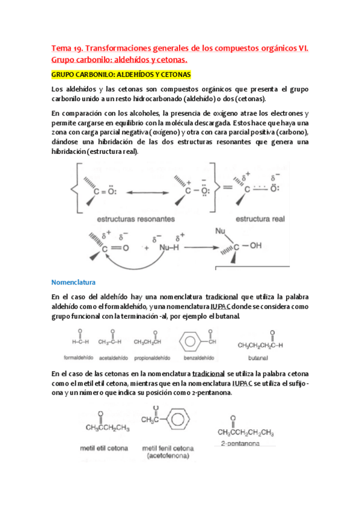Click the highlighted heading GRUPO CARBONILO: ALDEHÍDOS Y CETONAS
121,75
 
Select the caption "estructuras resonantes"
136,219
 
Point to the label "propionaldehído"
150,357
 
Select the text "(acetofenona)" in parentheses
163,456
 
